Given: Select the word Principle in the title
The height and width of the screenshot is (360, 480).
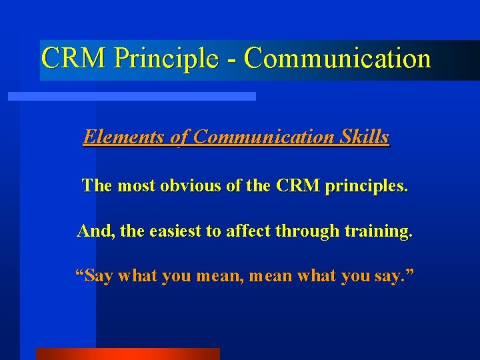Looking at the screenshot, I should pyautogui.click(x=166, y=58).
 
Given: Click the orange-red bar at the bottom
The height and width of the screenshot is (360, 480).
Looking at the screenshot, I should pyautogui.click(x=127, y=353).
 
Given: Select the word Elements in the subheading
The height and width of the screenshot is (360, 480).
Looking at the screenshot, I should pyautogui.click(x=125, y=137).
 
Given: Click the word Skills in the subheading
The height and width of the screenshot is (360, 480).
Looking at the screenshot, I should pyautogui.click(x=364, y=137).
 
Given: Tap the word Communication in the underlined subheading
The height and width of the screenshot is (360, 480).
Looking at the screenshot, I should pyautogui.click(x=265, y=137).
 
